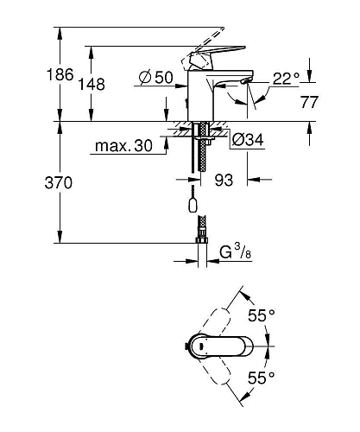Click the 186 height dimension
coord(60,75)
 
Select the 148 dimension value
coord(92,85)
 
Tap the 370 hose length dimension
coord(59,183)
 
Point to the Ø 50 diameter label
coord(155,78)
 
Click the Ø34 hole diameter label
coord(248,140)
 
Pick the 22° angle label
coord(286,79)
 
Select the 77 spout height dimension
coord(309,102)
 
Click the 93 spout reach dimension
coord(224,181)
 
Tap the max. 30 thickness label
coord(123,146)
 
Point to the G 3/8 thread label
coord(235,251)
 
